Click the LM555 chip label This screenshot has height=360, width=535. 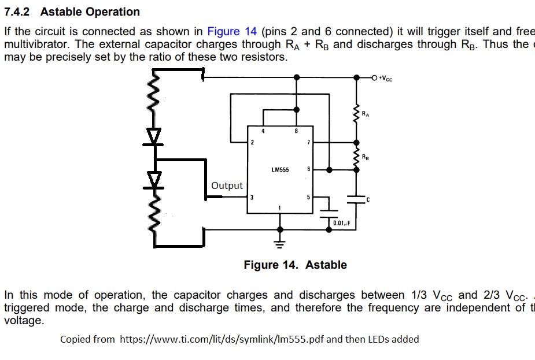281,170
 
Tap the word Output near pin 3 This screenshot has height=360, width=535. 227,186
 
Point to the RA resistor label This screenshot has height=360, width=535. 365,114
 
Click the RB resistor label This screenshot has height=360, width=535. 365,157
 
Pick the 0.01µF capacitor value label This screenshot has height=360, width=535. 342,223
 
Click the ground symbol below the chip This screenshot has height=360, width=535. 281,238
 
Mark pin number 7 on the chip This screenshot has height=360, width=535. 308,142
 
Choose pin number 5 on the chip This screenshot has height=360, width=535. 308,198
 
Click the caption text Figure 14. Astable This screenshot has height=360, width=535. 295,265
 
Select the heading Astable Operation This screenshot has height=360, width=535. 90,12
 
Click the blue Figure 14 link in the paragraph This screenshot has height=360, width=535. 232,32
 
